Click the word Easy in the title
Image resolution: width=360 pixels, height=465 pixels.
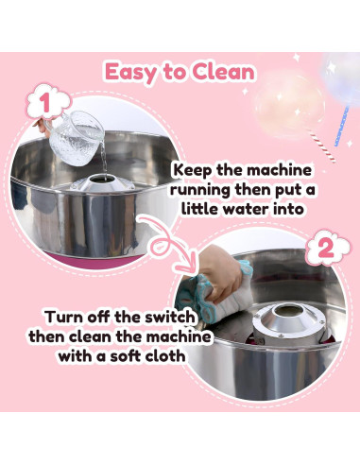(130, 73)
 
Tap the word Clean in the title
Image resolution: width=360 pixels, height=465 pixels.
(223, 72)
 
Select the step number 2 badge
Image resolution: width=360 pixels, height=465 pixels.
(327, 250)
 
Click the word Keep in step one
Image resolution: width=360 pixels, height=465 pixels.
(193, 171)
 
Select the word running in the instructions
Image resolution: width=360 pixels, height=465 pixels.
(200, 191)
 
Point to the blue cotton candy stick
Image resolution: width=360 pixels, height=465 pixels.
(341, 127)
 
